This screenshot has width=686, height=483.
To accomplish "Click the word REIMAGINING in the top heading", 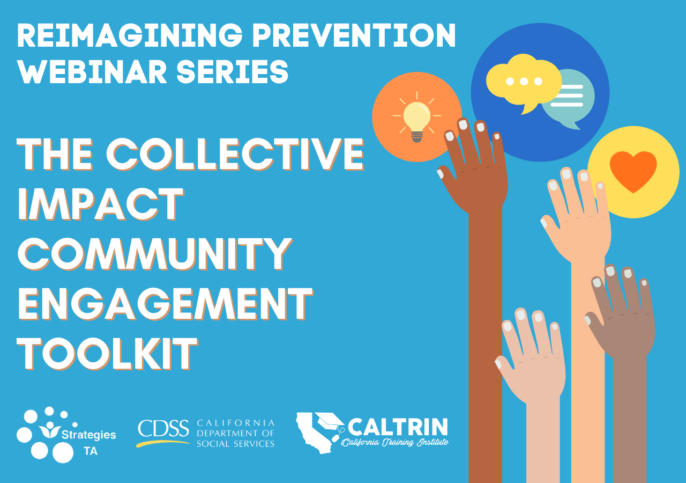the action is click(130, 35).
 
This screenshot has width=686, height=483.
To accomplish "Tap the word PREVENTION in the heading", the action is click(354, 35).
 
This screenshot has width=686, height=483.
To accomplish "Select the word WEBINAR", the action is click(92, 71).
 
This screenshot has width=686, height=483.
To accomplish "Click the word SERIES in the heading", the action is click(233, 71).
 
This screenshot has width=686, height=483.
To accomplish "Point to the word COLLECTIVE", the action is click(235, 154).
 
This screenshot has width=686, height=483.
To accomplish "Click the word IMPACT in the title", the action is click(101, 204).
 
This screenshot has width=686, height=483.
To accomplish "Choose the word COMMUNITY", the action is click(155, 254).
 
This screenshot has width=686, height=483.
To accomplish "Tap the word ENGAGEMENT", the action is click(166, 304).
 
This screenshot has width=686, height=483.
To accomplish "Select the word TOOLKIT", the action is click(108, 354).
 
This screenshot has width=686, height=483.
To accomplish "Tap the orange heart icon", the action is click(633, 171).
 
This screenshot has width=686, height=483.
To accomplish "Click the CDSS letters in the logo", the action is click(163, 428).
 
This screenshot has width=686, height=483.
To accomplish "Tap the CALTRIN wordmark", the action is click(398, 427).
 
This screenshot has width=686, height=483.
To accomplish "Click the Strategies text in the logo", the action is click(89, 435).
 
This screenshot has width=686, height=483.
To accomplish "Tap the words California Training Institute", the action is click(395, 442).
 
